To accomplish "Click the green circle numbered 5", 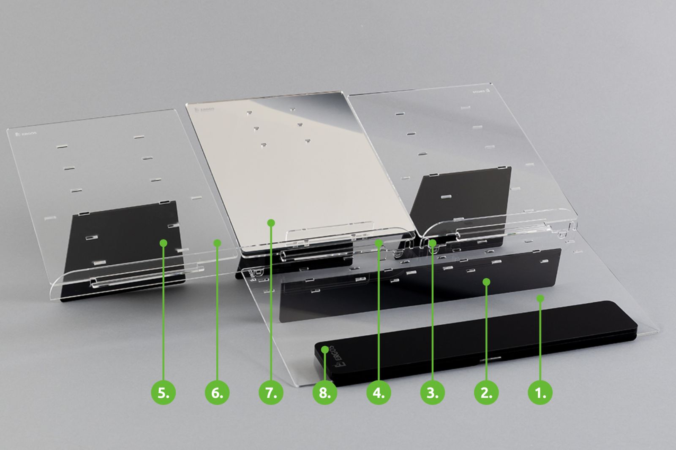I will click(x=164, y=392).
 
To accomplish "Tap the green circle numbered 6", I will click(x=217, y=392).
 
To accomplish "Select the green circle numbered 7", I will click(x=271, y=392).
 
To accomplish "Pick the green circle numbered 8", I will click(x=324, y=392).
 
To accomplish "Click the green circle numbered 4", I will click(x=379, y=392).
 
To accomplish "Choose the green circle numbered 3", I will click(x=432, y=392).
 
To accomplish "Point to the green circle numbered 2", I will click(x=486, y=392).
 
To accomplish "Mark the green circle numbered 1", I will click(x=540, y=392).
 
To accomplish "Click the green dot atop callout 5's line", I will click(x=164, y=243).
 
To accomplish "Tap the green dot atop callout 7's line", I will click(x=271, y=222).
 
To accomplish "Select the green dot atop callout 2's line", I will click(x=486, y=281).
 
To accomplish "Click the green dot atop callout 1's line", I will click(x=540, y=299).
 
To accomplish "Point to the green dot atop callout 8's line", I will click(x=324, y=350).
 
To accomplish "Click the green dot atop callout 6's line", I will click(x=217, y=243).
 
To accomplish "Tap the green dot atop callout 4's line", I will click(x=379, y=243).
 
